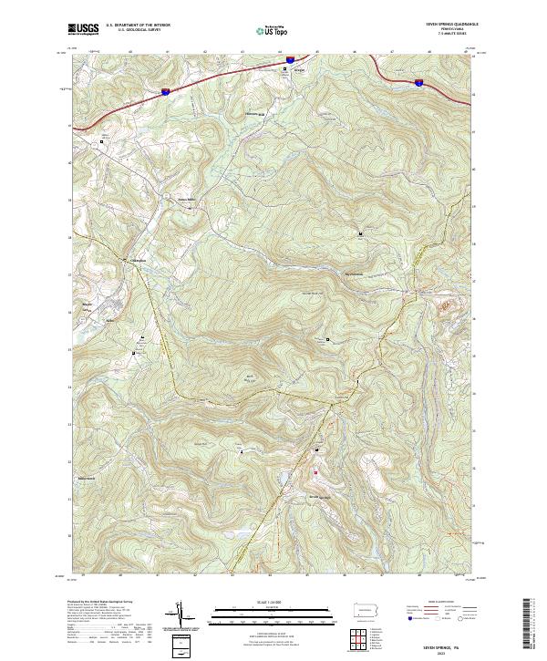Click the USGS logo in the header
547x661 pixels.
tap(83, 29)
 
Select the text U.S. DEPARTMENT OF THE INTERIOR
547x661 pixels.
tap(139, 25)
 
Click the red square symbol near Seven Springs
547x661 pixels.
tap(316, 472)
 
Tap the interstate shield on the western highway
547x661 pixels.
tap(165, 91)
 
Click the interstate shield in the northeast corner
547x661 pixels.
tap(418, 82)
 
